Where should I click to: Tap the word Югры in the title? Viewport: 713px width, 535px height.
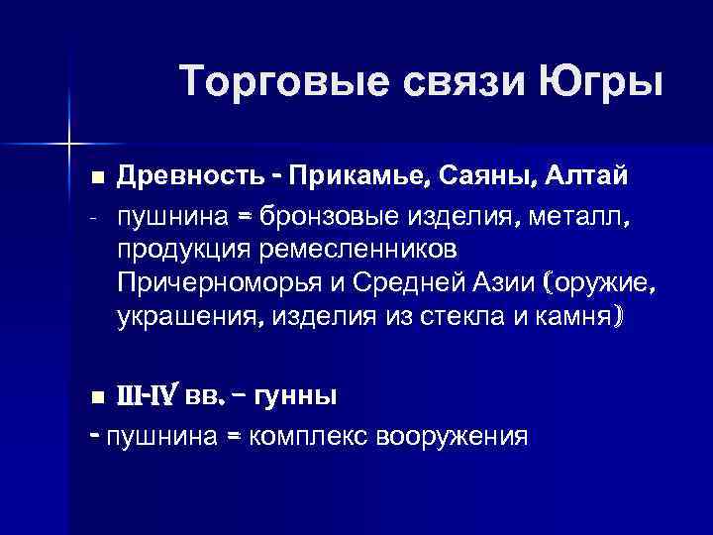click(x=602, y=81)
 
